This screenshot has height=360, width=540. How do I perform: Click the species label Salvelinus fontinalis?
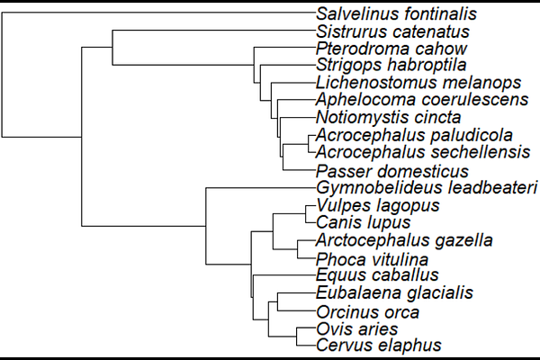396,14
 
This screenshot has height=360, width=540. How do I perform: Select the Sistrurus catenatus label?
393,31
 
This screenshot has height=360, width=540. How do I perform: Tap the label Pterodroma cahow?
391,49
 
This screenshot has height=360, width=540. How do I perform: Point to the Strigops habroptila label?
391,66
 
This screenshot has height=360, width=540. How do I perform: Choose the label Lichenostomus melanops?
418,83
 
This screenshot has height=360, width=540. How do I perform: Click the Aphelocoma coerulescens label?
422,100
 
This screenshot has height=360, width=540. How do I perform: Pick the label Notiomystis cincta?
389,117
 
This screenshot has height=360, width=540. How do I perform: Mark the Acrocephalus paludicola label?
414,135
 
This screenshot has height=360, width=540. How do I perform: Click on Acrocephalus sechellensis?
423,152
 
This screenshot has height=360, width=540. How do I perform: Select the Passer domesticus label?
392,171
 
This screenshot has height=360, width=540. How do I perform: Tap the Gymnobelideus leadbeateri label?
427,188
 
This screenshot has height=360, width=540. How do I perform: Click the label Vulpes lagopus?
378,206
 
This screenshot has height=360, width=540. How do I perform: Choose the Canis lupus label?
364,222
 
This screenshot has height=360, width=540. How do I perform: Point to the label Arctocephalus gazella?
404,240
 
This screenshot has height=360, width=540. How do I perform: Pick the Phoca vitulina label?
372,259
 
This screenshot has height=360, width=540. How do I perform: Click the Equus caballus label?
377,274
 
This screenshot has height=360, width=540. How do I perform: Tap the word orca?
402,313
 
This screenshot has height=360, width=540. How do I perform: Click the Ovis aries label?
357,329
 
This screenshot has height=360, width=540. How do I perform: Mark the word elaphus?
411,346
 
